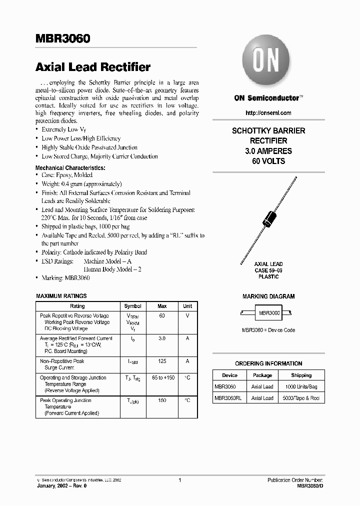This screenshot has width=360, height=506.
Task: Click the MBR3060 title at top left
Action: click(x=62, y=39)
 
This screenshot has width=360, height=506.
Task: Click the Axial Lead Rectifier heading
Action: click(x=93, y=67)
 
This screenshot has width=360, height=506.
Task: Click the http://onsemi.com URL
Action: click(x=268, y=113)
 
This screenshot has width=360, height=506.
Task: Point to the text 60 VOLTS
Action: click(x=268, y=161)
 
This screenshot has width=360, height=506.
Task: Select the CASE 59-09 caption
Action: click(x=268, y=270)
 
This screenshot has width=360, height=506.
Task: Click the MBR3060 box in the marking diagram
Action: click(x=269, y=312)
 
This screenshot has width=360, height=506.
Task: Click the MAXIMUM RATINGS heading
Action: click(x=61, y=296)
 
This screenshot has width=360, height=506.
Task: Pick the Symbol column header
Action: click(x=133, y=306)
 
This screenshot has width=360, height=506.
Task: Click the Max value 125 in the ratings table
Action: click(x=162, y=361)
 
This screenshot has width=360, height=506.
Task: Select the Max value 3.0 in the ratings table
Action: click(x=162, y=338)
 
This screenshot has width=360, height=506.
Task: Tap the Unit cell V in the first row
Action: click(x=187, y=316)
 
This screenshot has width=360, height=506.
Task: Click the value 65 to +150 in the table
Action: click(x=162, y=378)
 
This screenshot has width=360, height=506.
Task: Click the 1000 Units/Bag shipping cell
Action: click(x=301, y=387)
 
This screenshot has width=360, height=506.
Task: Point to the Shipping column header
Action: click(x=301, y=375)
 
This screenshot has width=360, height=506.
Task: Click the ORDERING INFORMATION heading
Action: click(x=268, y=363)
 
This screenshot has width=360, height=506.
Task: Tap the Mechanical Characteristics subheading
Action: click(x=70, y=167)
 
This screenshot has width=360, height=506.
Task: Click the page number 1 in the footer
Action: click(x=179, y=480)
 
